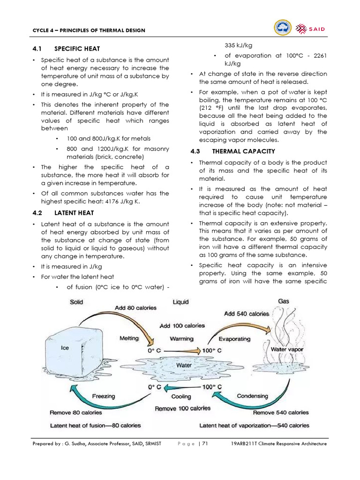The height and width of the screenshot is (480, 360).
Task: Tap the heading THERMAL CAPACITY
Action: point(243,151)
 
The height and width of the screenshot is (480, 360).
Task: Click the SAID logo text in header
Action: point(317,30)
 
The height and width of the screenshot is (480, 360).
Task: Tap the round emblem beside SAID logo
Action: point(282,29)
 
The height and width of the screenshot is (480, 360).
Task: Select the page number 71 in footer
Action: point(205,443)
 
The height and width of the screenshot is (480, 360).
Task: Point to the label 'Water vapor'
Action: point(287,349)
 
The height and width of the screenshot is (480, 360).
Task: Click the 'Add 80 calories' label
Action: point(135,308)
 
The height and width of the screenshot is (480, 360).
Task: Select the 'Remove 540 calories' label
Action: point(281,412)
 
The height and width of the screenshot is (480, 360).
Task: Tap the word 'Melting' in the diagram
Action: point(129,338)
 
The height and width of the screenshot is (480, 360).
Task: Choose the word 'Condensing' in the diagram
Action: point(252,396)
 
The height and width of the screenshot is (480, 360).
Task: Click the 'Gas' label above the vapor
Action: point(284,301)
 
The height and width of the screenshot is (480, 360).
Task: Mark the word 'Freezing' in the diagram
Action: point(103,396)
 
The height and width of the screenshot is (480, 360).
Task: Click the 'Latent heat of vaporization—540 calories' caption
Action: point(254,426)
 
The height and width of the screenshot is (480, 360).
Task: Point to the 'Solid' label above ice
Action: point(76,302)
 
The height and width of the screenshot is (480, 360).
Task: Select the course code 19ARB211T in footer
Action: point(247,443)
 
